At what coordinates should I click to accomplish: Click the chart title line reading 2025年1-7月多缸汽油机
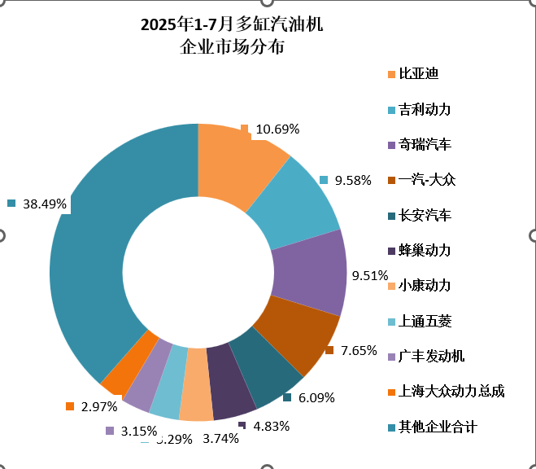click(232, 24)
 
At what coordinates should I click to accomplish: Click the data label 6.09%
click(316, 398)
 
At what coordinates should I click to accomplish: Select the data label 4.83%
click(272, 426)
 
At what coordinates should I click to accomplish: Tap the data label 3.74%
click(220, 438)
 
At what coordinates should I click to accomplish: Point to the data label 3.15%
click(137, 431)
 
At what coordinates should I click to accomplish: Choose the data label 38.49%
click(45, 204)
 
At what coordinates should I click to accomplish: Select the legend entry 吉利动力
click(424, 109)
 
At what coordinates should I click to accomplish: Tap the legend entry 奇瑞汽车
click(424, 145)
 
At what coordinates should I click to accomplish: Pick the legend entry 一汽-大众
click(426, 180)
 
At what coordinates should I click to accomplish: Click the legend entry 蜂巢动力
click(424, 250)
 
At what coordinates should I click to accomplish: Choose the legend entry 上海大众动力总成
click(451, 391)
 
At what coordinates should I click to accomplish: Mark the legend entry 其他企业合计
click(438, 427)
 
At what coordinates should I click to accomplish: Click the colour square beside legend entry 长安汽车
click(392, 216)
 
